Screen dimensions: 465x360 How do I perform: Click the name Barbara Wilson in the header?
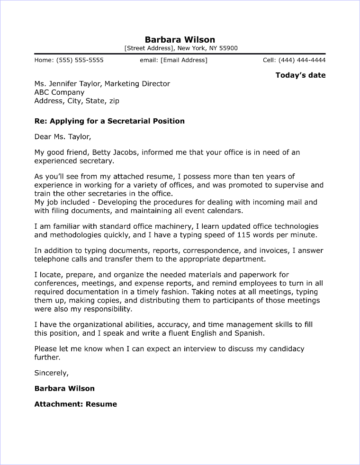coord(180,39)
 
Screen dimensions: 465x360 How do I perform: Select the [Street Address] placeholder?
coord(149,48)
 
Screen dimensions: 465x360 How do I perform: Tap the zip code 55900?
coord(228,48)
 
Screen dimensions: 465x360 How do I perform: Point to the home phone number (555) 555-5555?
coord(80,60)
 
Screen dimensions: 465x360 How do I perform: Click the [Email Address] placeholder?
coord(184,60)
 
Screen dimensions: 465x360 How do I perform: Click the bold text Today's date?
coord(300,75)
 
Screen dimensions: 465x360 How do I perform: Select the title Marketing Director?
coord(137,84)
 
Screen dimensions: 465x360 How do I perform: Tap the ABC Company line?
coord(59,92)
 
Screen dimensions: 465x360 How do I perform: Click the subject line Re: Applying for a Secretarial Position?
coord(109,121)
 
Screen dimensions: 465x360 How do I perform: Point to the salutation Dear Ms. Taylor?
coord(62,137)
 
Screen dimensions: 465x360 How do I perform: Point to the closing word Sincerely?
coord(51,373)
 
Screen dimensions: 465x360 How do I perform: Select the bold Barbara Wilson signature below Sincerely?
coord(64,388)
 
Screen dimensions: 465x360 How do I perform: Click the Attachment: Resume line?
coord(75,404)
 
